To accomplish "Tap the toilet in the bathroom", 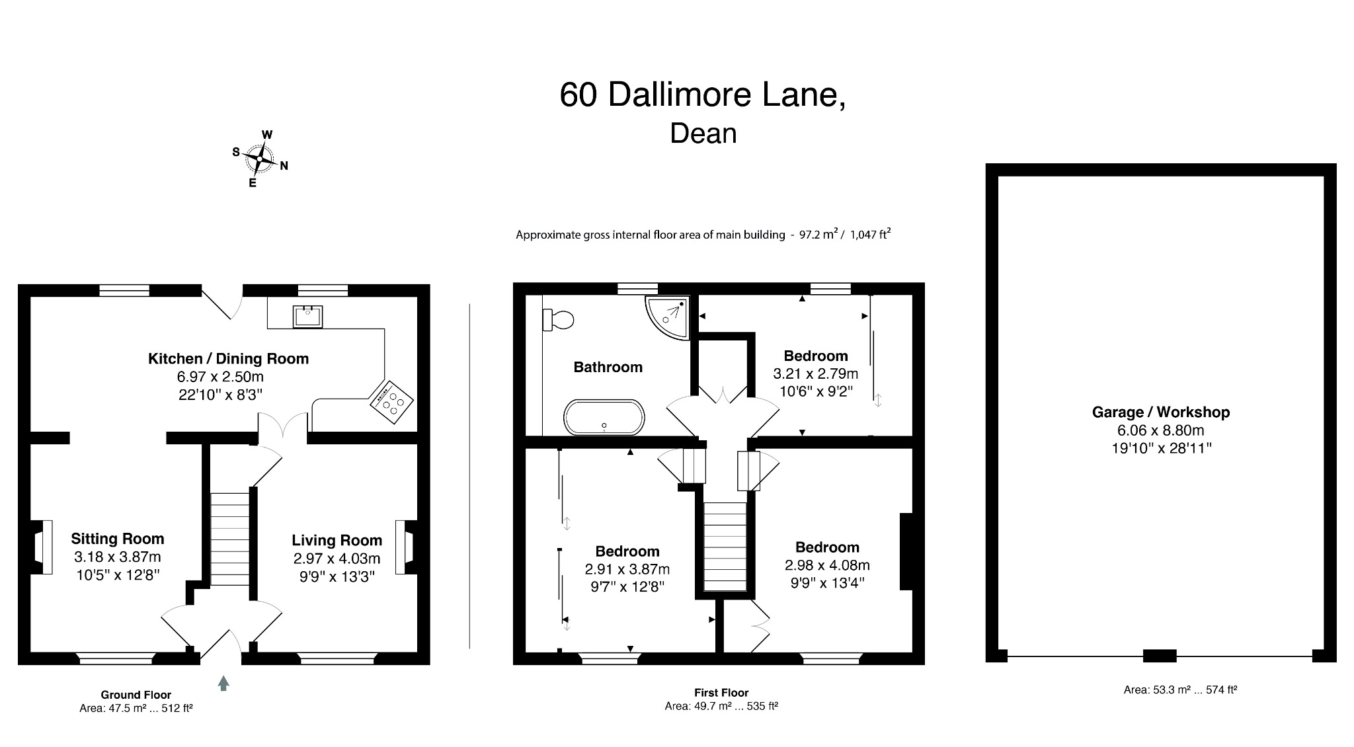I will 558,320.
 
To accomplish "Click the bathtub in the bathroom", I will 604,417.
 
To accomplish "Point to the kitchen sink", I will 308,316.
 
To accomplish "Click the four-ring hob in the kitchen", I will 392,401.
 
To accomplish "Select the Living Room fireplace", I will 405,547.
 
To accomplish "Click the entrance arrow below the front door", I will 223,683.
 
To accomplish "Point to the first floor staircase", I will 725,546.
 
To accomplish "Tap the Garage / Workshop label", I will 1160,413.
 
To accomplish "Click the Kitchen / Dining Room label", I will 228,359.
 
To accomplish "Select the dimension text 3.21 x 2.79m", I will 815,373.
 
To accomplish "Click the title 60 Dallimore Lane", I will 702,95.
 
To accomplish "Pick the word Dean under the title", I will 703,134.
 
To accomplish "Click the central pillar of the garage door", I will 1160,656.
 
